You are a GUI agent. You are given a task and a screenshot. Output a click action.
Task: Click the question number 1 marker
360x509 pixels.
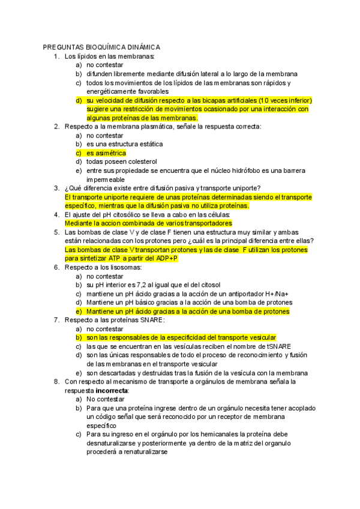click(x=56, y=56)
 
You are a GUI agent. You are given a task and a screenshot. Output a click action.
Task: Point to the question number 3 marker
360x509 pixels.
click(x=56, y=188)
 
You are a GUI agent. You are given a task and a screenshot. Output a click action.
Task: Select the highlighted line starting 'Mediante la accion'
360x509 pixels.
click(x=148, y=223)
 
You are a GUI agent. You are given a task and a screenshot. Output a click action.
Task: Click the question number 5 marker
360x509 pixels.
click(x=56, y=232)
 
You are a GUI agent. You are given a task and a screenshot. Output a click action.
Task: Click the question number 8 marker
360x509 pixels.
click(x=56, y=381)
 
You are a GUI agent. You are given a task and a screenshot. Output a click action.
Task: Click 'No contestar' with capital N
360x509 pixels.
click(x=106, y=399)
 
